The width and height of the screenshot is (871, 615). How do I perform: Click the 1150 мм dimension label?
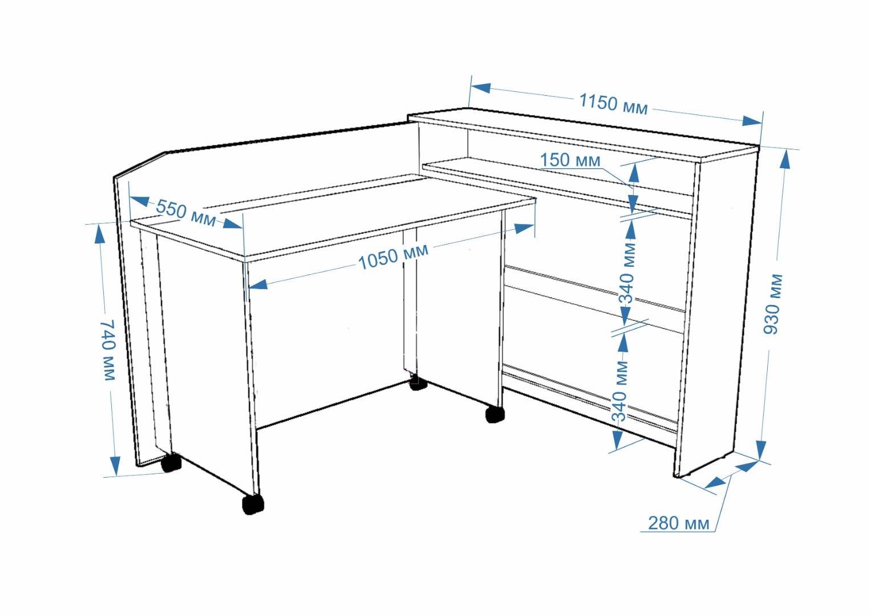(x=614, y=104)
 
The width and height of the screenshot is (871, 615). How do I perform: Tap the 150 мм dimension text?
(x=570, y=160)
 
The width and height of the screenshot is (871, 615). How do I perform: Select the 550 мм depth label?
(x=186, y=213)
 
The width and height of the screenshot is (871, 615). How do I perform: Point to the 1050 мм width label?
(x=393, y=256)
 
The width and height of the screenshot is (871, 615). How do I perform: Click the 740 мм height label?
(x=108, y=350)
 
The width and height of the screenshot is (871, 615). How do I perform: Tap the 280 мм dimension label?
(x=679, y=523)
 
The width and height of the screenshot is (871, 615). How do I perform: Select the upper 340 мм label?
(x=627, y=273)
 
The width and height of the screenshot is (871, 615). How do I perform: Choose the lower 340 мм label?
(x=620, y=391)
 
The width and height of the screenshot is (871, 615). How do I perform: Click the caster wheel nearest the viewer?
(x=253, y=504)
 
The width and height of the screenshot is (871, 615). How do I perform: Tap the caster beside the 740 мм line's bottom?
(x=171, y=462)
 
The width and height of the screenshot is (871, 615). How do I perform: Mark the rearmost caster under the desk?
(x=419, y=382)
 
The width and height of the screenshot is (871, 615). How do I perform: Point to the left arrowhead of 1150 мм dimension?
(x=481, y=88)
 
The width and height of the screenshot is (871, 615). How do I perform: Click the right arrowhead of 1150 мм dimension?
(x=752, y=121)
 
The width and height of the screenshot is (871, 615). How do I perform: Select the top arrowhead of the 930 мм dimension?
(x=785, y=159)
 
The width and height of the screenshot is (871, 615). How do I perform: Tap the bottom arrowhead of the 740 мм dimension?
(x=115, y=466)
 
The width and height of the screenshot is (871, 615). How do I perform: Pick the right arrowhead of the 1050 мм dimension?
(x=524, y=228)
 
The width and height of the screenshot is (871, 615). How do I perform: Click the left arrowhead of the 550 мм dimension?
(x=139, y=201)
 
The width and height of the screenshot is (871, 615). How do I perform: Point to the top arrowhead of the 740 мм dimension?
(x=100, y=235)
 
